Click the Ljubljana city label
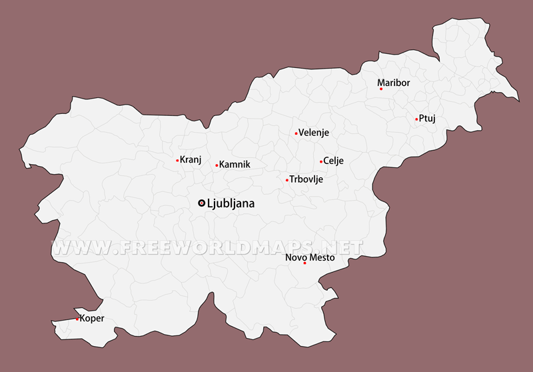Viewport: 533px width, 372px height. point(231,203)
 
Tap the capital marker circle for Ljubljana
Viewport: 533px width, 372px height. point(202,203)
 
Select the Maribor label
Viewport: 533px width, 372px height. point(394,83)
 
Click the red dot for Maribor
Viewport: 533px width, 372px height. point(381,89)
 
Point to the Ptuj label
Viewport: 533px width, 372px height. point(427,119)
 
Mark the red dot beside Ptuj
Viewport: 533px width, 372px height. point(416,119)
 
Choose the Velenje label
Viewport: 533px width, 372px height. point(314,133)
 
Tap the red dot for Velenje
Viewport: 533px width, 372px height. point(296,133)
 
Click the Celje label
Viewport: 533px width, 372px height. point(333,161)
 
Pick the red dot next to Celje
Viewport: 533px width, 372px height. point(321,161)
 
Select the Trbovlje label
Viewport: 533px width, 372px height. point(306,179)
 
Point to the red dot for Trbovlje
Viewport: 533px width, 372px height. point(287,180)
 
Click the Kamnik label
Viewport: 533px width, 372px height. point(235,164)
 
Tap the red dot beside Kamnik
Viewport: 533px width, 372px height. point(217,165)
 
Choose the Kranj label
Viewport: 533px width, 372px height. point(191,159)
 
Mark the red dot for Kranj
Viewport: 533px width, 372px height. point(177,160)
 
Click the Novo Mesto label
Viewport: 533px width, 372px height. point(310,257)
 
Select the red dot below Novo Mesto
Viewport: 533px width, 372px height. point(304,263)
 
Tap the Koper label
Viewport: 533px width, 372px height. point(92,318)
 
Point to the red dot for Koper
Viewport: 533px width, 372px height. point(77,319)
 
